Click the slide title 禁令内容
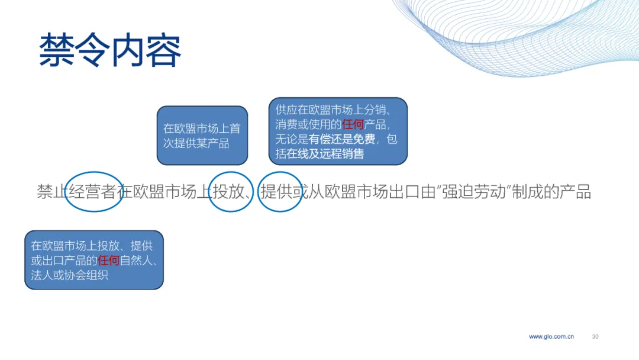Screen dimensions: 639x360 click(x=110, y=50)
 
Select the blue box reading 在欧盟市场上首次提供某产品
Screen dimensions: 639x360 click(x=202, y=136)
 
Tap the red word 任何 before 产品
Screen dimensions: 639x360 click(x=353, y=124)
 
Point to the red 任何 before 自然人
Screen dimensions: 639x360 click(x=108, y=260)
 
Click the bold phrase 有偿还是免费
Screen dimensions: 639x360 click(x=341, y=139)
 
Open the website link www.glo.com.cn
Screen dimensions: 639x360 click(x=551, y=336)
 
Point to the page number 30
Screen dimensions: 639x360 click(x=595, y=336)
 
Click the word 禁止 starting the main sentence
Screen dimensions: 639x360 click(x=53, y=192)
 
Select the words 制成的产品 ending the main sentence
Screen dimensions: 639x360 click(x=551, y=192)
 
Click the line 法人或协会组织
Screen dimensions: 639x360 click(x=70, y=275)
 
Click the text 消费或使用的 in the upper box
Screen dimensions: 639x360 click(x=308, y=124)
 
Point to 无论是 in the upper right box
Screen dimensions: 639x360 click(x=292, y=139)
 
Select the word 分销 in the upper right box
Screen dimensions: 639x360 click(x=375, y=110)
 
